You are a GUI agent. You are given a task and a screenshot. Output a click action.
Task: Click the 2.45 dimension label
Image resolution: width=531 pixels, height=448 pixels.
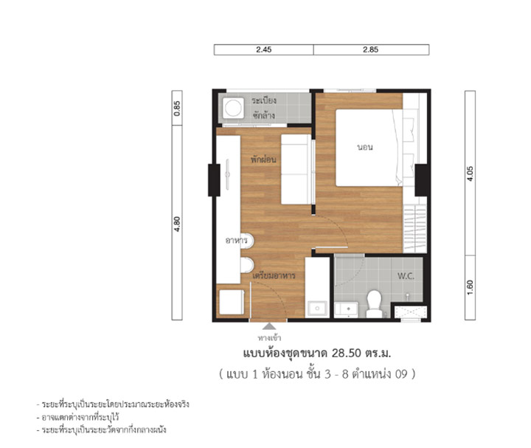264,49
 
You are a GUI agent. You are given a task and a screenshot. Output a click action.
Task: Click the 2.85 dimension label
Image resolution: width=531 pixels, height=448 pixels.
370,49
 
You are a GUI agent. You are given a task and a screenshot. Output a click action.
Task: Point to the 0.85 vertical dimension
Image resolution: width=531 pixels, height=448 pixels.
177,108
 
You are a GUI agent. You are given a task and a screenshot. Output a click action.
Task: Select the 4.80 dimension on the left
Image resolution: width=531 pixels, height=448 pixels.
177,224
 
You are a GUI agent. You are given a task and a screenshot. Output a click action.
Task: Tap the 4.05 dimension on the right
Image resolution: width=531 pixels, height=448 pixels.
470,174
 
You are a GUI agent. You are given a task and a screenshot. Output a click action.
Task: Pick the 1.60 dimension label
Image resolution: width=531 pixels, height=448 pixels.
470,287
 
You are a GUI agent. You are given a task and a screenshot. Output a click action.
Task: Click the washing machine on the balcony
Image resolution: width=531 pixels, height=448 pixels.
233,108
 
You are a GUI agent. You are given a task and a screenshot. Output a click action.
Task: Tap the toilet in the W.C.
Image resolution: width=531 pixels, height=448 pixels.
374,303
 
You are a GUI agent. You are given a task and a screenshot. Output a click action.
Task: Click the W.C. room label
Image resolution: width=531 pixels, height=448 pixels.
406,276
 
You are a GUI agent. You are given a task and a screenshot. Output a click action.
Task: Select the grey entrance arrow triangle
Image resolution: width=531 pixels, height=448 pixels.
269,326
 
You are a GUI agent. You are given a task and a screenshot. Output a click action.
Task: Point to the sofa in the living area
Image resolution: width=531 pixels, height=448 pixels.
296,170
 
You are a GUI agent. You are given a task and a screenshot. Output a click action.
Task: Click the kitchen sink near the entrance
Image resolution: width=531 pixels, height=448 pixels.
317,309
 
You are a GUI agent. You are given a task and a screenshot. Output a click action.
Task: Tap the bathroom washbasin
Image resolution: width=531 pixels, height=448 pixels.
346,310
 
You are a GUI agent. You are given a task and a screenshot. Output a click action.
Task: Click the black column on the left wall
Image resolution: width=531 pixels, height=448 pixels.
214,180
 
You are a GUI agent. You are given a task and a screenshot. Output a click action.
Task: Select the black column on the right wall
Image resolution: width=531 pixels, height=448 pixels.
421,180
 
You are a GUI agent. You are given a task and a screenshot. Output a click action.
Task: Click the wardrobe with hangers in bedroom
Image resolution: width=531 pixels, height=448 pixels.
414,229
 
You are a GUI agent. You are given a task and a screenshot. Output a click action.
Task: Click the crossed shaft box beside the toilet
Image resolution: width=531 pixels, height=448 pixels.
411,312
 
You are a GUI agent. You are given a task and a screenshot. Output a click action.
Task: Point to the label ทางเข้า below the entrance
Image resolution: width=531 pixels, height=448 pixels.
269,337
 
